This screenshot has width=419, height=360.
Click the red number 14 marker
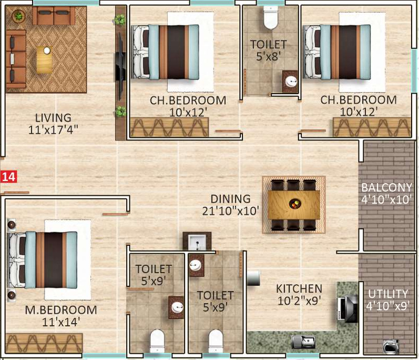point(8,177)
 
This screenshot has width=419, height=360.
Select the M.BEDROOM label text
point(54,309)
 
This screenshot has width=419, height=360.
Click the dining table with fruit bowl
point(293,205)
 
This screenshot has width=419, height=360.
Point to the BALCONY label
point(386,188)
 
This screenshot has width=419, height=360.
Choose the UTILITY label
point(388,294)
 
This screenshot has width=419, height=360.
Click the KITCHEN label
point(299,288)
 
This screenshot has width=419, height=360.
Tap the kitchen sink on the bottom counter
point(304,342)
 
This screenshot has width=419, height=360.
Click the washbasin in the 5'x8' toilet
point(290,81)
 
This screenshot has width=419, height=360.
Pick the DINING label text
point(230,199)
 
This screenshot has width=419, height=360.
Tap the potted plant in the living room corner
point(19,16)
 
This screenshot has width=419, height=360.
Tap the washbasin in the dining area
point(197,243)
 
